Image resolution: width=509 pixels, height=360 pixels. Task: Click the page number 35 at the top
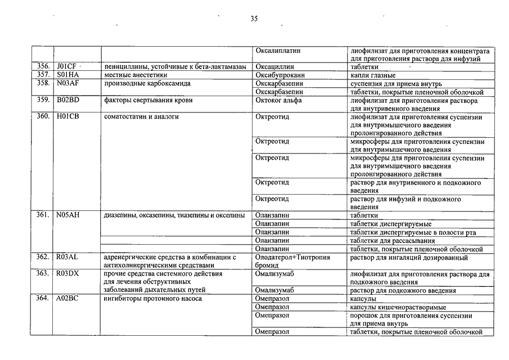254,19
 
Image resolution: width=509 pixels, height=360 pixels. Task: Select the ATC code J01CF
66,66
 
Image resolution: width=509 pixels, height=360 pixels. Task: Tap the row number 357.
43,75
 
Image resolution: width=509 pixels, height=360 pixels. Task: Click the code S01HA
67,75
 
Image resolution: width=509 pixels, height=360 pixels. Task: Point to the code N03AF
67,83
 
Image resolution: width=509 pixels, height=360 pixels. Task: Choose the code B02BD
67,100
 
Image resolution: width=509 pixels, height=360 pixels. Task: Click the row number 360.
43,116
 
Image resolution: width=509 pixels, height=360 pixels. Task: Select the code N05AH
68,215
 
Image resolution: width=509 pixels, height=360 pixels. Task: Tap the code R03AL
67,256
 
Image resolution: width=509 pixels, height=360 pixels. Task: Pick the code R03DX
68,273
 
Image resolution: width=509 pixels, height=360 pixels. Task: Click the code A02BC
67,298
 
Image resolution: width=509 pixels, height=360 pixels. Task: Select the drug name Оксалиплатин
278,51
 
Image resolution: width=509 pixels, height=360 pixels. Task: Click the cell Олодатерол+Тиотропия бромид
292,260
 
